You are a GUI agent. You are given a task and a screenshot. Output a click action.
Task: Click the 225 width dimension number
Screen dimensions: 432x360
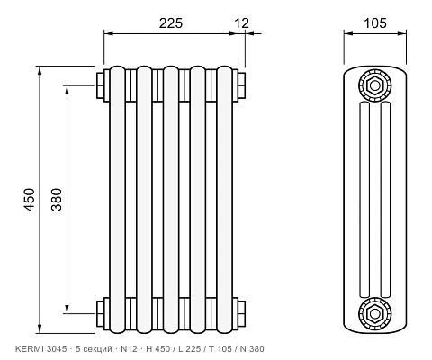point(171,23)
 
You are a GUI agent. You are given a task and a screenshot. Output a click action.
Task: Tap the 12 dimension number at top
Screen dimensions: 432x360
point(241,23)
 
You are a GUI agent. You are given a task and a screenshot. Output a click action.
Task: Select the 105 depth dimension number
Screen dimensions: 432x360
point(375,23)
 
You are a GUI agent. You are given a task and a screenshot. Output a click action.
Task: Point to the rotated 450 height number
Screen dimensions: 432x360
point(30,200)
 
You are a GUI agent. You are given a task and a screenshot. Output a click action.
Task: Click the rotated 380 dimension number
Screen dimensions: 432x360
point(57,200)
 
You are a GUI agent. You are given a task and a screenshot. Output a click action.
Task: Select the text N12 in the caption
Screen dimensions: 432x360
point(129,349)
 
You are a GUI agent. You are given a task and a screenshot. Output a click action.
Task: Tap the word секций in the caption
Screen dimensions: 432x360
point(97,349)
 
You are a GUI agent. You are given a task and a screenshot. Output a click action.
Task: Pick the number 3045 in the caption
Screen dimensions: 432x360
point(57,349)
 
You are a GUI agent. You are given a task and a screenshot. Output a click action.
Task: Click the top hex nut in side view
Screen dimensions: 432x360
point(374,85)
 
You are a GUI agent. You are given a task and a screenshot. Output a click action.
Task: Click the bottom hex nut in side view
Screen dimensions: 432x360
point(374,314)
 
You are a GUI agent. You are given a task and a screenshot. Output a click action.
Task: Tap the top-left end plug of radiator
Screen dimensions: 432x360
point(100,85)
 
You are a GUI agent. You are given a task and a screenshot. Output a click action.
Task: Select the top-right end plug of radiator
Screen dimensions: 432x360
point(241,85)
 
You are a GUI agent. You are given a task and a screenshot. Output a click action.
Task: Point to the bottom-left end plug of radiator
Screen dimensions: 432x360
point(100,313)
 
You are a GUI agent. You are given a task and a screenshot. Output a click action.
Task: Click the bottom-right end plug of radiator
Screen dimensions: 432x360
point(241,313)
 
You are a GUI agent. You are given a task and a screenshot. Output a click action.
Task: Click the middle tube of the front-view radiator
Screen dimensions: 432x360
point(171,200)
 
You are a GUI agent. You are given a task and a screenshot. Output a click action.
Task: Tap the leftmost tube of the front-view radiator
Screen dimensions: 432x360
point(117,200)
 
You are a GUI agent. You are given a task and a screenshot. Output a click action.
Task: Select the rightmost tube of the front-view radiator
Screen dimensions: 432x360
point(225,200)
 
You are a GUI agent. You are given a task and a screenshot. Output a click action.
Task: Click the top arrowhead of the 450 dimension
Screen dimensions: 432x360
point(40,70)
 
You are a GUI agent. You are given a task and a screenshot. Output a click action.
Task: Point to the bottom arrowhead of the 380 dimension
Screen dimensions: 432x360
point(67,310)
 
